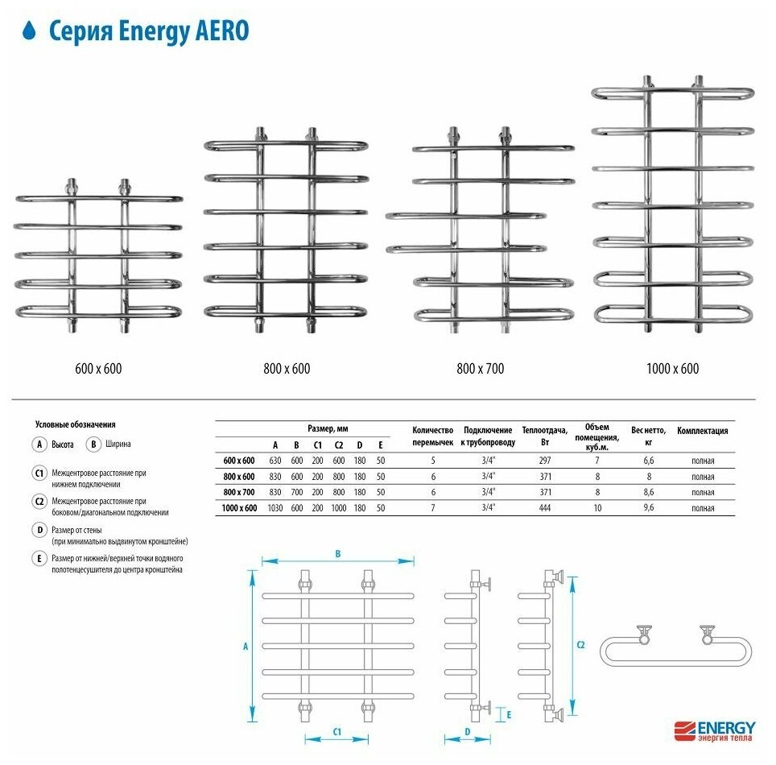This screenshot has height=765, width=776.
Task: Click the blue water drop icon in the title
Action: click(x=30, y=31)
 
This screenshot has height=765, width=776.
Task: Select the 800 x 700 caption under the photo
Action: click(x=480, y=369)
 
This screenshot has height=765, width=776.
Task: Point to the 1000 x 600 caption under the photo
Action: click(x=672, y=369)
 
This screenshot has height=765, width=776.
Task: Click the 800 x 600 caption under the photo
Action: click(x=286, y=369)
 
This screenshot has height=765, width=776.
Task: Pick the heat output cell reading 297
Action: click(x=545, y=461)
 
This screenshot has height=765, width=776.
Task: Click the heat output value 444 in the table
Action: click(x=545, y=508)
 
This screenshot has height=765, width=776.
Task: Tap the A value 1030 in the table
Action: click(x=274, y=508)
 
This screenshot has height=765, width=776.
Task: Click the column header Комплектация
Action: click(x=702, y=431)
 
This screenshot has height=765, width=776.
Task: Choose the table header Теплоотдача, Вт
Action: click(x=545, y=436)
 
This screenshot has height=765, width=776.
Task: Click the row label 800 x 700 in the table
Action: click(x=238, y=492)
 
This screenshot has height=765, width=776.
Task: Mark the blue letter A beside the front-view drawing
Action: click(x=246, y=644)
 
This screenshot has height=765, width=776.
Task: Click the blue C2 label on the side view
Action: click(x=581, y=645)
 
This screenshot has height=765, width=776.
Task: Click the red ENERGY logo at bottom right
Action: click(x=714, y=727)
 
